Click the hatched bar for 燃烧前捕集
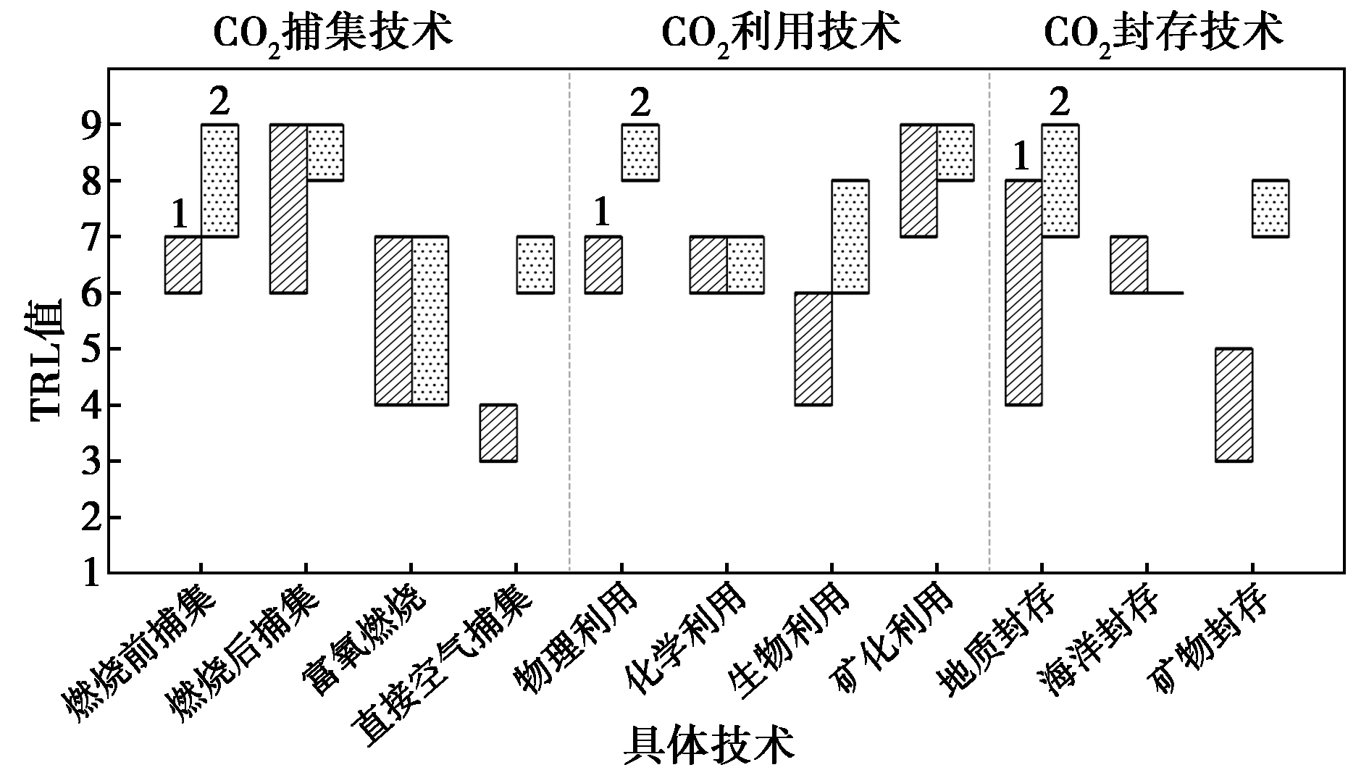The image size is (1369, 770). pos(183,264)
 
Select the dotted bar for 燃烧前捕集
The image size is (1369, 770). pos(219,180)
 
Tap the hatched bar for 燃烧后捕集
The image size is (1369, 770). pos(288,209)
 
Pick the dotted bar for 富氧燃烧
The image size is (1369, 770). pos(430,320)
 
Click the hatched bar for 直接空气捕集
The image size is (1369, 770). pos(498,432)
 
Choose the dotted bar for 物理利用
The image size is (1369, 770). pos(640,152)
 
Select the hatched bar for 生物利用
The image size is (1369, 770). pos(813,348)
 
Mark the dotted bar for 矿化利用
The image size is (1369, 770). pos(955,152)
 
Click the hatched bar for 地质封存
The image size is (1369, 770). pos(1023,292)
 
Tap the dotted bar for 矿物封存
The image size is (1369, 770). pos(1270,209)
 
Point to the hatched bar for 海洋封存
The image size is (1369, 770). pos(1129,264)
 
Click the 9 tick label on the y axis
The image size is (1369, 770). pos(87,125)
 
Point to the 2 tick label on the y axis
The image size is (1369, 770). pos(87,518)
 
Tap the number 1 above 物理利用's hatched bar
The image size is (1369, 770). pos(602,213)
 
